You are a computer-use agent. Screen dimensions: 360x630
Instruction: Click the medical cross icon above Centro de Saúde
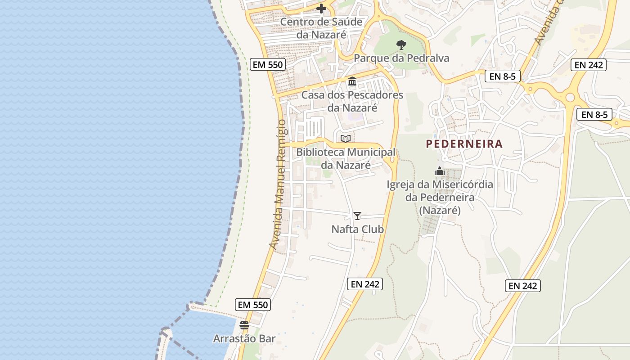[321, 8]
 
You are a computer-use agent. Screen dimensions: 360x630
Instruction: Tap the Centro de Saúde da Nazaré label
[321, 28]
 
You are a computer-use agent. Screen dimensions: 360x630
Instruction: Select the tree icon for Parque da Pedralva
[401, 45]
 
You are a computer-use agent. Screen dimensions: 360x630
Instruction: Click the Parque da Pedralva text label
[401, 58]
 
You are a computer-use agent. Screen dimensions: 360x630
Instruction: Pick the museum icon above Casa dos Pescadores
[352, 81]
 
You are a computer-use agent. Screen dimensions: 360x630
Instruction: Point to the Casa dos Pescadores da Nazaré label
[352, 101]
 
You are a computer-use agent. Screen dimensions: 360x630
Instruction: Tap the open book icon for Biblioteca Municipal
[346, 139]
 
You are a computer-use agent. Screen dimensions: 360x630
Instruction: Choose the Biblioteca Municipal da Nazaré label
[346, 158]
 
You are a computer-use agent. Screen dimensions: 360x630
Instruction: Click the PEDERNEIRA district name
[464, 144]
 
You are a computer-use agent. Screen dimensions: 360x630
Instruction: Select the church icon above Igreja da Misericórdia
[440, 171]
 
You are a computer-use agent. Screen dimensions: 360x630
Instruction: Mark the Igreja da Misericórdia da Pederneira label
[440, 197]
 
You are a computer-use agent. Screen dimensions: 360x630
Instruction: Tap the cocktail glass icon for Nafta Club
[357, 216]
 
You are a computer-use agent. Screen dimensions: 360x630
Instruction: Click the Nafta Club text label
[358, 229]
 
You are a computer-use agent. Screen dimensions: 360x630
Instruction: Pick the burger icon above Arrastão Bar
[244, 325]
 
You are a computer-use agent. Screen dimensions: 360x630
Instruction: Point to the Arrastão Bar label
[244, 338]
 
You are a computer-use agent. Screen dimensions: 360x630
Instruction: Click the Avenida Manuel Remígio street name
[278, 184]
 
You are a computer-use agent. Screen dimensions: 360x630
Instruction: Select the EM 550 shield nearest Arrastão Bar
[253, 305]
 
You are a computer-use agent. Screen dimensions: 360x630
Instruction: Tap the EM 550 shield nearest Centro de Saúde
[268, 64]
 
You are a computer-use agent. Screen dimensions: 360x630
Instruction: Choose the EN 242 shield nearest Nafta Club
[365, 284]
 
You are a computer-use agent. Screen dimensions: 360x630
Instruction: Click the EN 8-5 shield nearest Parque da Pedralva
[502, 76]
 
